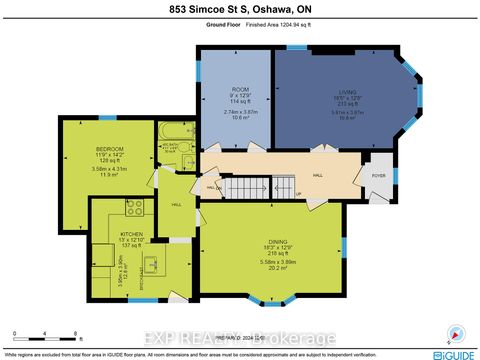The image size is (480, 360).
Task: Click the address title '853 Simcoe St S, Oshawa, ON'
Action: pos(240,10)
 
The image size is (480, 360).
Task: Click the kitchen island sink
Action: pos(153,266)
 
